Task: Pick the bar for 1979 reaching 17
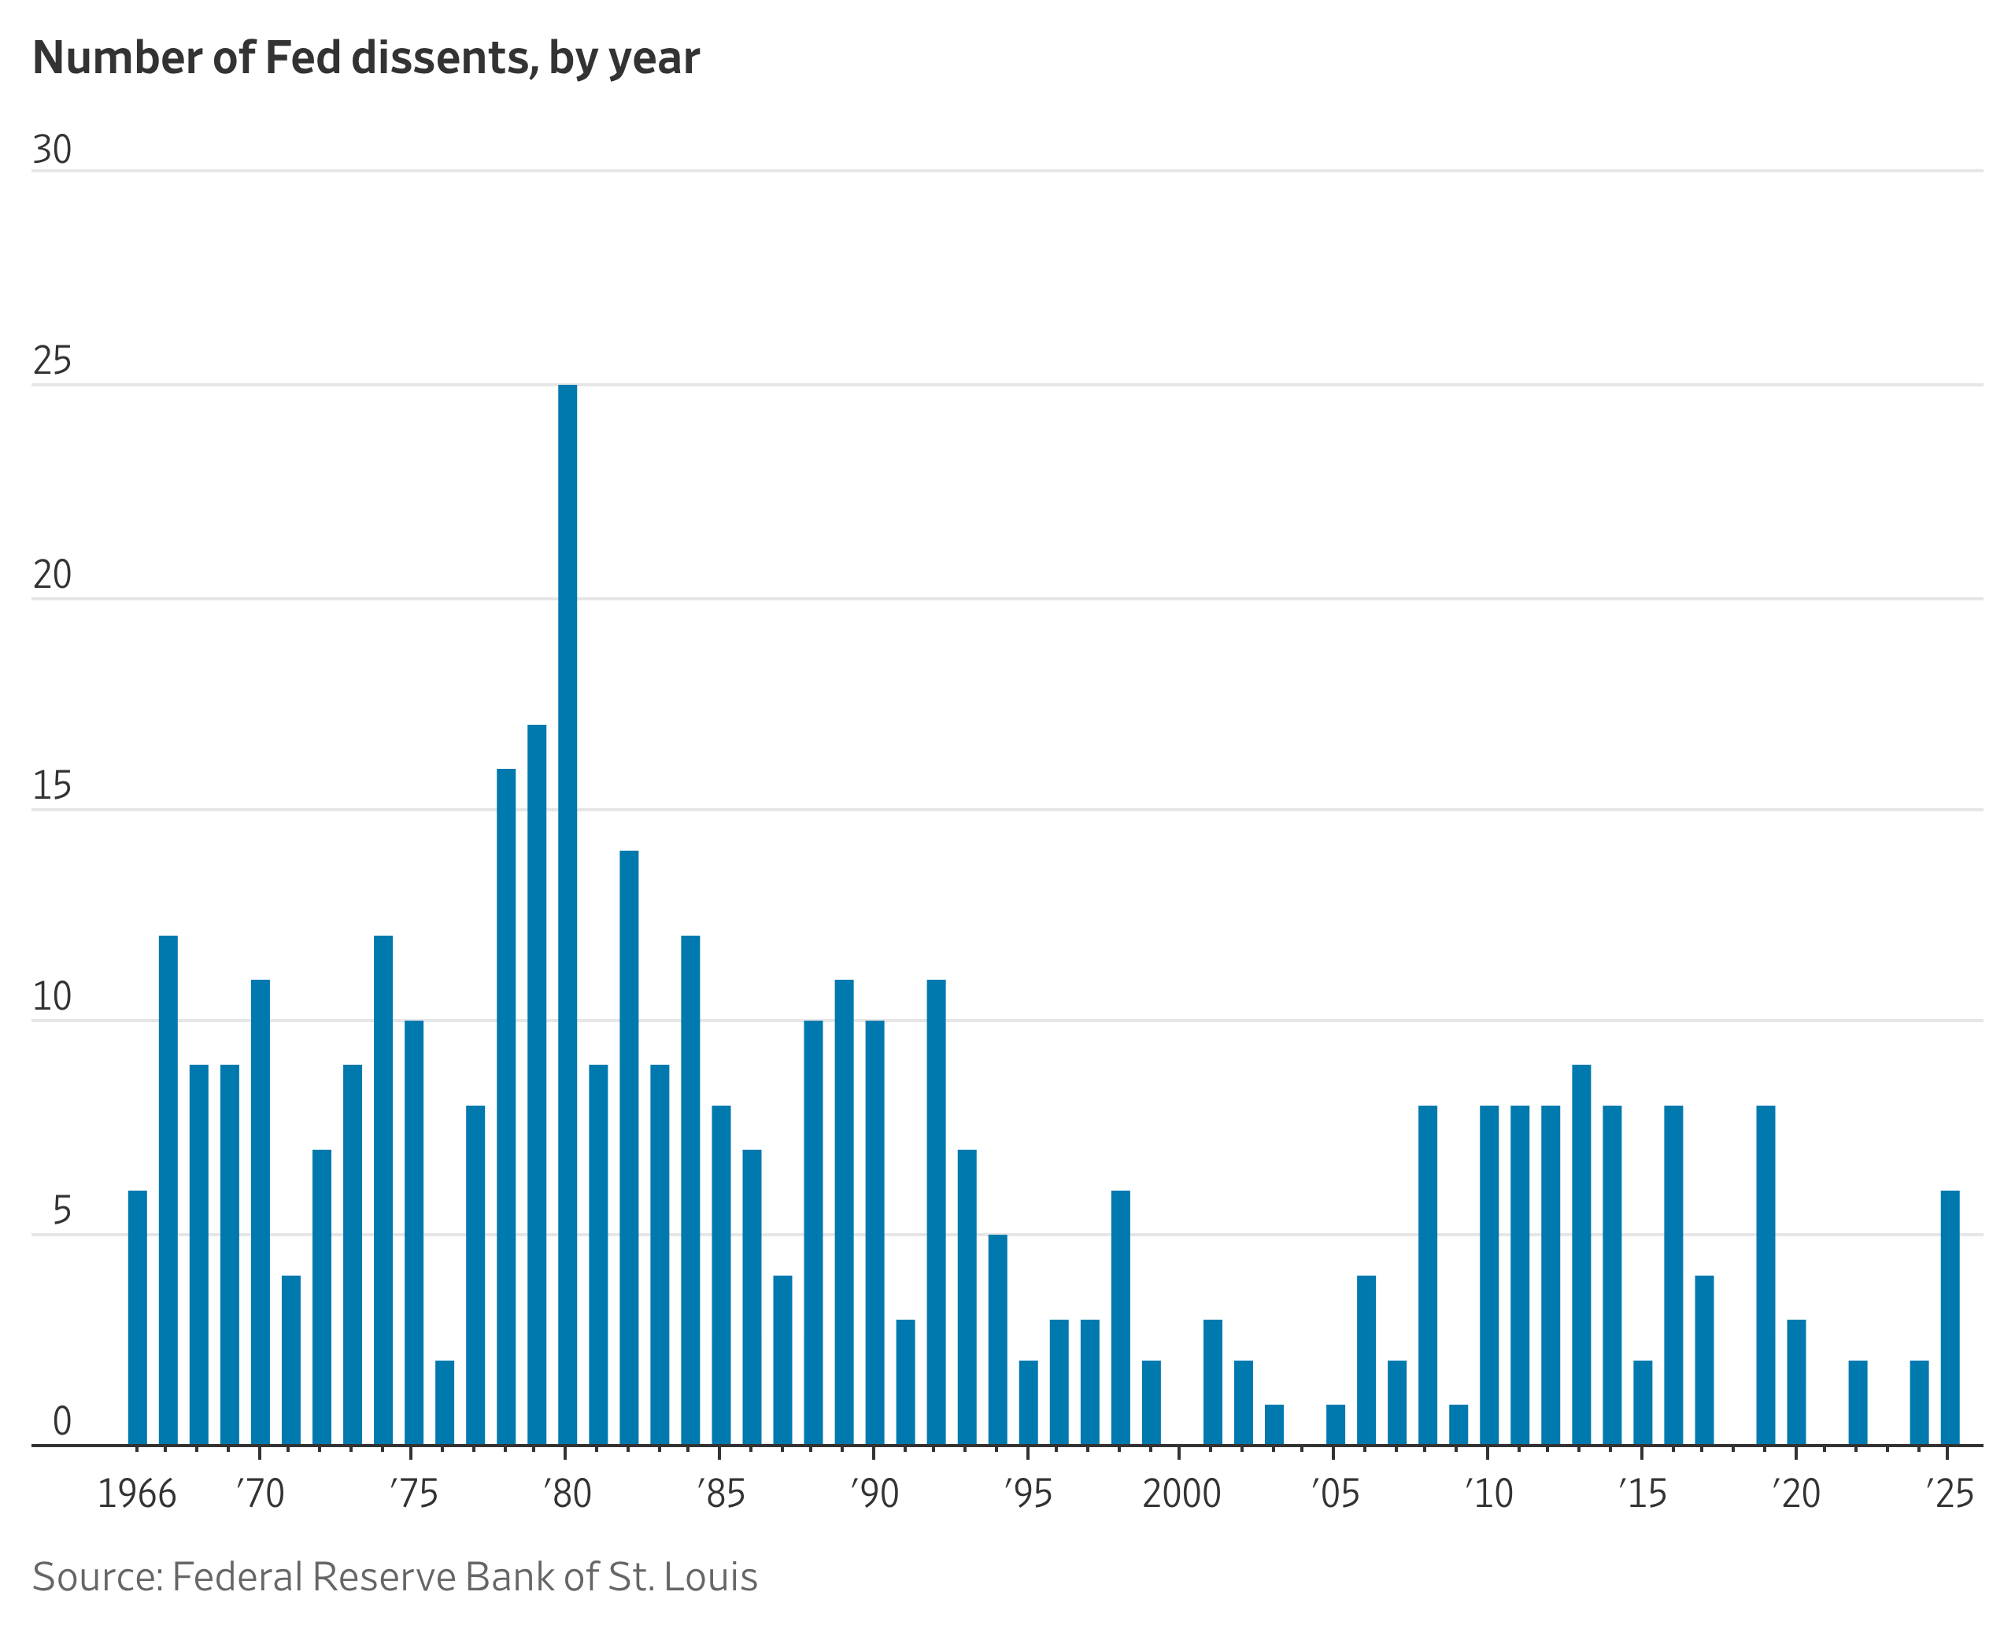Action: (x=537, y=1085)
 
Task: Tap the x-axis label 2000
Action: (x=1181, y=1494)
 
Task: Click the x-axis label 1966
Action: (x=137, y=1494)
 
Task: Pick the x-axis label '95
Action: (x=1028, y=1494)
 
